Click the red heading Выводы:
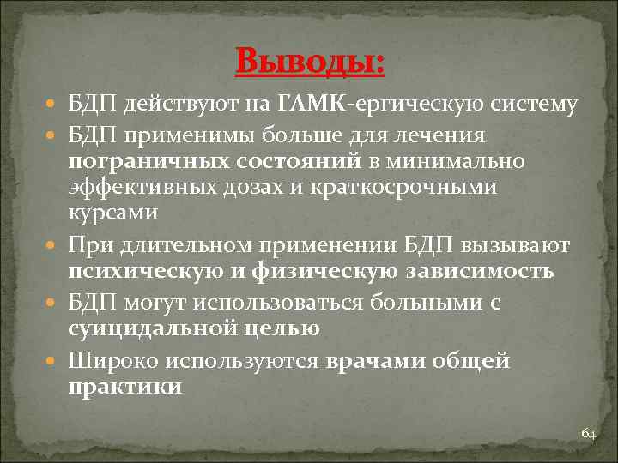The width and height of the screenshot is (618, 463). tap(309, 62)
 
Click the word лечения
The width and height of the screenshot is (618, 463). tap(447, 135)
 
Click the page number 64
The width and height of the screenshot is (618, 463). tap(588, 434)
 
